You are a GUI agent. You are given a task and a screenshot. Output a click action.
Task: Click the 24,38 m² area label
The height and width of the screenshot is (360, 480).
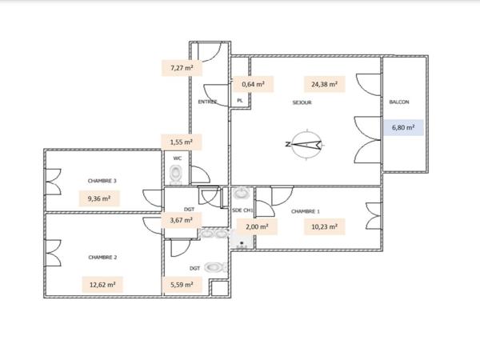(320, 83)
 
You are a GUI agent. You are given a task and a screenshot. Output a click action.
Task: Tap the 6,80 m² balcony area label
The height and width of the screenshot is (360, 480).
(402, 126)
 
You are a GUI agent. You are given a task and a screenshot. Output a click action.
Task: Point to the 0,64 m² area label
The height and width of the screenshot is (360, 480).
(254, 83)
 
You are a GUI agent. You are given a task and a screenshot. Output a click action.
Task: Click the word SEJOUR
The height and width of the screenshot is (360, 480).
(302, 102)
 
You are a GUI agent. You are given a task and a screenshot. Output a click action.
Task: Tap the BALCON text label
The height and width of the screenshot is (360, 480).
(400, 102)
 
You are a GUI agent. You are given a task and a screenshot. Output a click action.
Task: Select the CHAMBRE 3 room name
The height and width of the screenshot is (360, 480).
(103, 181)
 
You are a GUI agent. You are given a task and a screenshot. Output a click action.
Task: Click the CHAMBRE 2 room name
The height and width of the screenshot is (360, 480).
(103, 258)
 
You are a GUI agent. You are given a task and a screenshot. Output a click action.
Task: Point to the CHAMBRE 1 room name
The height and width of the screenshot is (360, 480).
(306, 211)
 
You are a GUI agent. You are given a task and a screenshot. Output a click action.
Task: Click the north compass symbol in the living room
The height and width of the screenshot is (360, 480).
(304, 145)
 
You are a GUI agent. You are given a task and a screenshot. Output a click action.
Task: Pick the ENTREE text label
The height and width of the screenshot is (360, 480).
(207, 102)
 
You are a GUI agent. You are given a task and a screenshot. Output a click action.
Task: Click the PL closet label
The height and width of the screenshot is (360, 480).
(239, 101)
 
